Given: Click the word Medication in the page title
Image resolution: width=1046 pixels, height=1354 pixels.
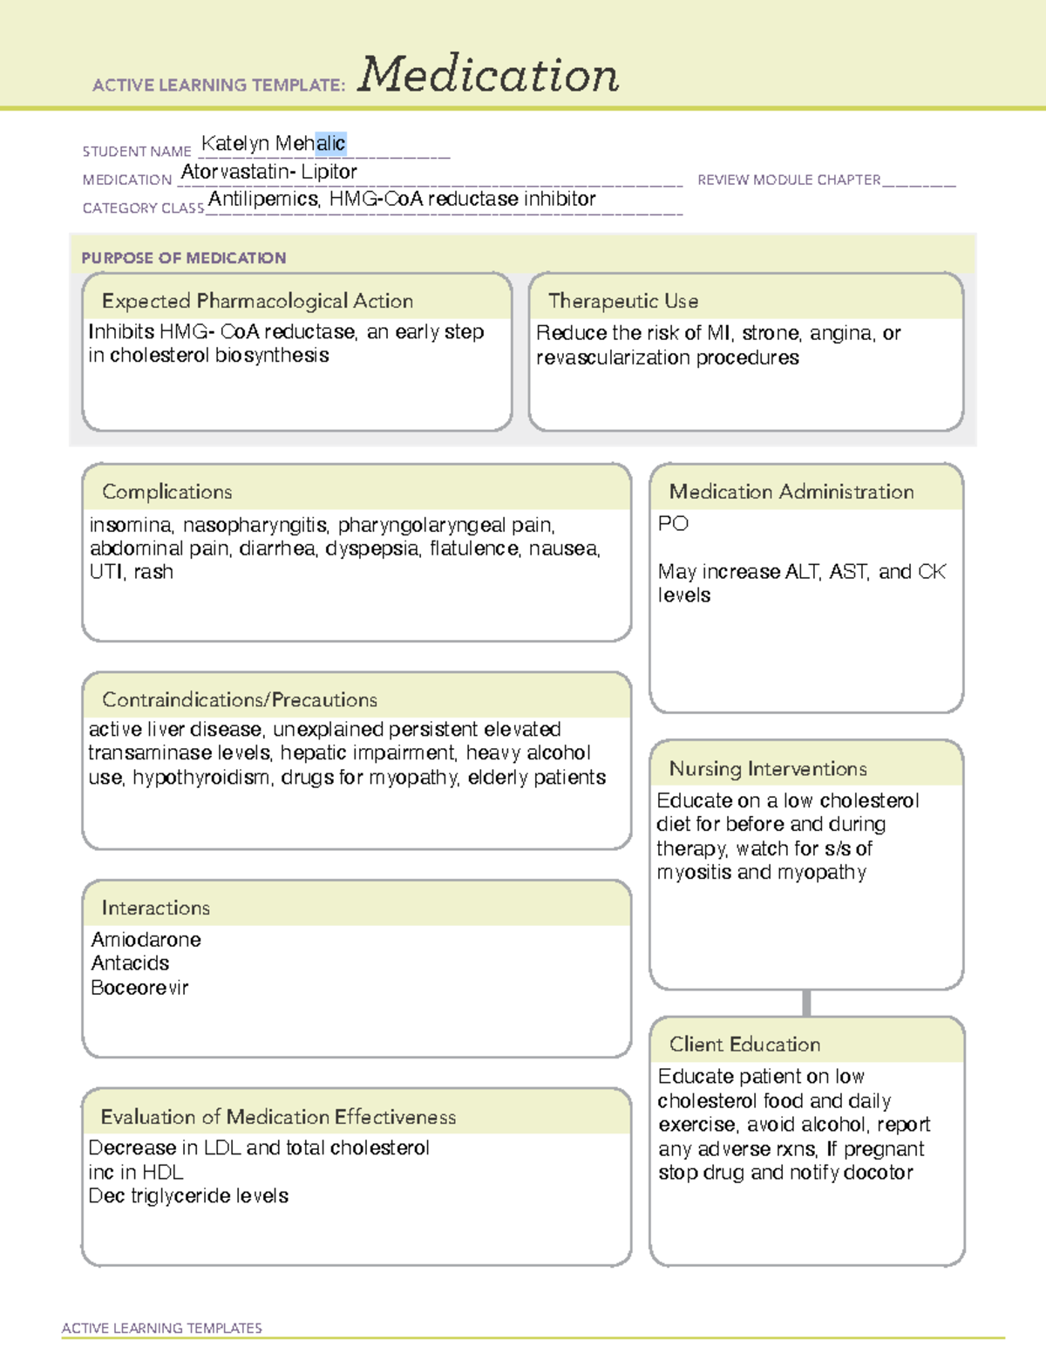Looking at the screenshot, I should coord(488,75).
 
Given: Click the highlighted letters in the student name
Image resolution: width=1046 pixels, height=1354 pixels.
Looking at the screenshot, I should coord(331,143).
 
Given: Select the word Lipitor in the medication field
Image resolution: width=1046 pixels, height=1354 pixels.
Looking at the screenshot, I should coord(329,172).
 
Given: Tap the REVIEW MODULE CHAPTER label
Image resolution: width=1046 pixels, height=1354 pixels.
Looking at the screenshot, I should coord(789,180).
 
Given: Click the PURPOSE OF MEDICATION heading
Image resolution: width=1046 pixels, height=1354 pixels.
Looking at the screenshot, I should coord(184,258).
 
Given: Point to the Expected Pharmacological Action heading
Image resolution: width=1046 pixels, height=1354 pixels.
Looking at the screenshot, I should coord(257,302).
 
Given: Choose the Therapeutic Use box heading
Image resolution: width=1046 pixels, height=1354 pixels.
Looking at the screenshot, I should coord(623,302).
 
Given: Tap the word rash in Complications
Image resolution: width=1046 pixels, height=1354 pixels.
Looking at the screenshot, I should coord(153,572).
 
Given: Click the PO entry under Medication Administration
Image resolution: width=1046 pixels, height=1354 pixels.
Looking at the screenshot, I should coord(673,524).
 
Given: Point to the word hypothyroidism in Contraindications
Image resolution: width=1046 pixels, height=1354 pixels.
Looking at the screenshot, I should coord(201,777).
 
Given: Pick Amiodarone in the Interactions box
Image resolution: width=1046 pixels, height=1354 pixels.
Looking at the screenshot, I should coord(146,940).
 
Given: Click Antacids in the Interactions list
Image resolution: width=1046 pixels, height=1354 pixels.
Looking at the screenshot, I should coord(131,963).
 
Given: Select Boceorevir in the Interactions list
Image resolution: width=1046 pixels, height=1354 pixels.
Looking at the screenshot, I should coord(139,988).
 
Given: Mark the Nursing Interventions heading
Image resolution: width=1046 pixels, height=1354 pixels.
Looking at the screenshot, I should coord(768,769).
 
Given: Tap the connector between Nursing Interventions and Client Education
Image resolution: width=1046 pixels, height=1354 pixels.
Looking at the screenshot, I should coord(806,1003).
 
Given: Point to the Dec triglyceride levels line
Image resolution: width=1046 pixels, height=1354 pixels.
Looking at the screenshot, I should coord(188,1196).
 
